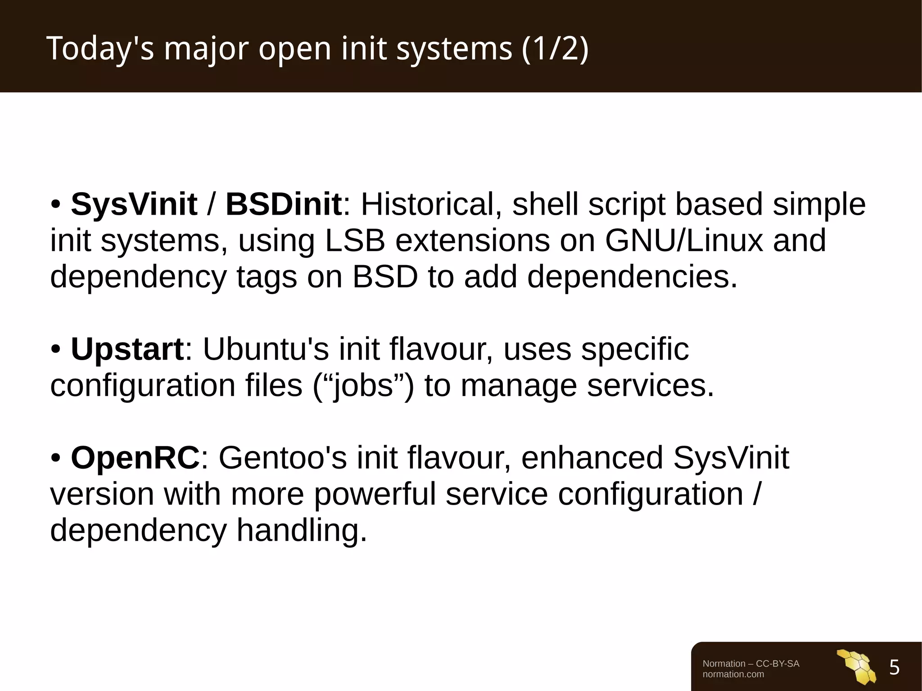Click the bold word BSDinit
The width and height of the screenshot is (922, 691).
tap(284, 205)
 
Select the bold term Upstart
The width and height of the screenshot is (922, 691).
tap(127, 349)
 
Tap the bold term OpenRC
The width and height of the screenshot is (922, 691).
tap(135, 458)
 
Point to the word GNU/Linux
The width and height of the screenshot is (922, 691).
tap(684, 240)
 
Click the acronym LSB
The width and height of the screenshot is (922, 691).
tap(355, 240)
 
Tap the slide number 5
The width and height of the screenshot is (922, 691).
tap(894, 668)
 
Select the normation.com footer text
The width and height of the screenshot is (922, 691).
tap(733, 674)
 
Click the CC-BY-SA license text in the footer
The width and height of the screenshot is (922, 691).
tap(777, 664)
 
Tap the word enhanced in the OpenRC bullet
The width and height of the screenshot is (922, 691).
tap(592, 458)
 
